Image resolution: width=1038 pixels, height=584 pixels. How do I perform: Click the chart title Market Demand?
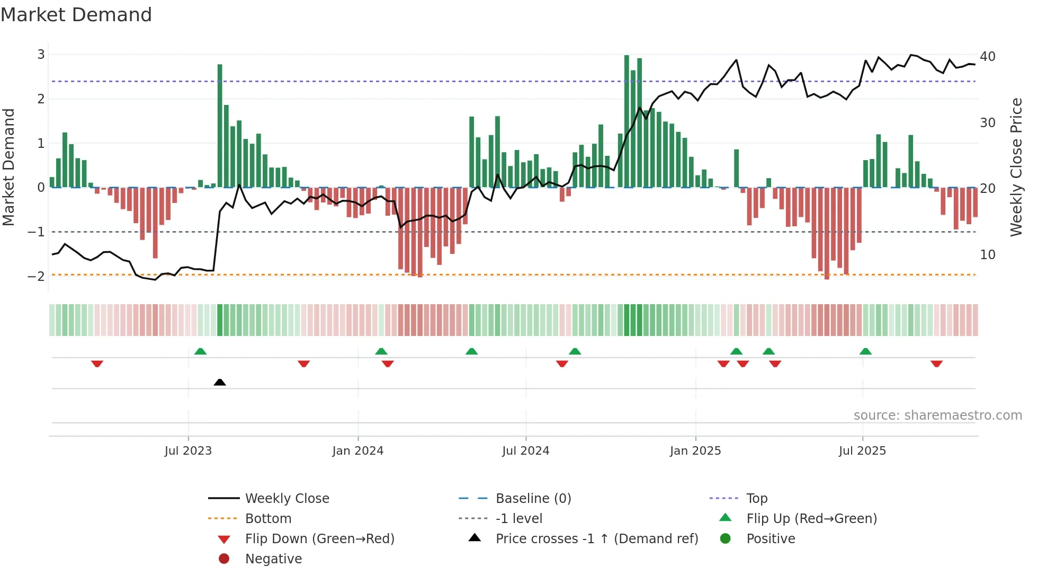click(76, 15)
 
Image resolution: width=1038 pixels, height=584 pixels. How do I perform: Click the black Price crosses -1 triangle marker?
click(220, 382)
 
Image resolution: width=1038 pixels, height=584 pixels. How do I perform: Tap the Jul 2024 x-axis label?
click(525, 451)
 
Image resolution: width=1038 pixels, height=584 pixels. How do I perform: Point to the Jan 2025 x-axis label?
click(695, 451)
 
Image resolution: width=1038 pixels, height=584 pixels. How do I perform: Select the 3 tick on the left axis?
click(41, 55)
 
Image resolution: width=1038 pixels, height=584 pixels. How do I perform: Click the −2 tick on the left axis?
click(37, 276)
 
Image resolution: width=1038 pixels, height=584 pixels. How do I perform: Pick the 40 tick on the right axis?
click(987, 56)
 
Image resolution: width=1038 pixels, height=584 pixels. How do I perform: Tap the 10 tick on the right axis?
click(987, 255)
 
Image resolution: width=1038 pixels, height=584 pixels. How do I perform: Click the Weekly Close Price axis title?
click(1016, 167)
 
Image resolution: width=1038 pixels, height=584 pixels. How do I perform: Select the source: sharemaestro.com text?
click(937, 415)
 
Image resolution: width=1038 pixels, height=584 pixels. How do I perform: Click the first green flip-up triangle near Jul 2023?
click(200, 351)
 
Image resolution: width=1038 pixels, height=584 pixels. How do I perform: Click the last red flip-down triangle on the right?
click(936, 364)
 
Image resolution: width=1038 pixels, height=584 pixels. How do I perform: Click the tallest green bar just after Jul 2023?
click(220, 126)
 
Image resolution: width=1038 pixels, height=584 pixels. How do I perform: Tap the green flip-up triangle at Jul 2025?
click(865, 351)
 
